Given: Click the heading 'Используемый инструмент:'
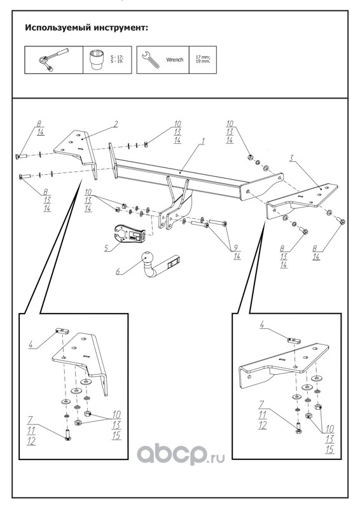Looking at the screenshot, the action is [x=87, y=27].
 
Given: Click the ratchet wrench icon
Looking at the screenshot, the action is [x=53, y=60].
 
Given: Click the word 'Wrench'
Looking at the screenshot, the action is [x=175, y=60].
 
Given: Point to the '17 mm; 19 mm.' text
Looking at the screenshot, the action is [x=202, y=59].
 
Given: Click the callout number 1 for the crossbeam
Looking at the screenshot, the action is [x=203, y=141].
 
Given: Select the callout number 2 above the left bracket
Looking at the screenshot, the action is [x=115, y=124].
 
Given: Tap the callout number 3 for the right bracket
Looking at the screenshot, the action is [x=291, y=158].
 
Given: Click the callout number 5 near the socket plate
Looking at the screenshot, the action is [x=106, y=249].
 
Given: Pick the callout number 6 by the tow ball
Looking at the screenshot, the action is [x=118, y=271].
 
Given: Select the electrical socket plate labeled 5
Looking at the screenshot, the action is [x=128, y=233].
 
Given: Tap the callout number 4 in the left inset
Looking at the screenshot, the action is [x=31, y=344].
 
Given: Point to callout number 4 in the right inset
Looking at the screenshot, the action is [x=262, y=324].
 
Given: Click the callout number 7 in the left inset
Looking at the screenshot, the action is [x=30, y=421].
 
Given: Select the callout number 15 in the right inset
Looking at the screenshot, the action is [x=330, y=449].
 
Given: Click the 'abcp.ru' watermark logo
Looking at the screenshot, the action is [x=181, y=454].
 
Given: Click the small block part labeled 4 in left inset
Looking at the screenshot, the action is [x=62, y=331].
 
